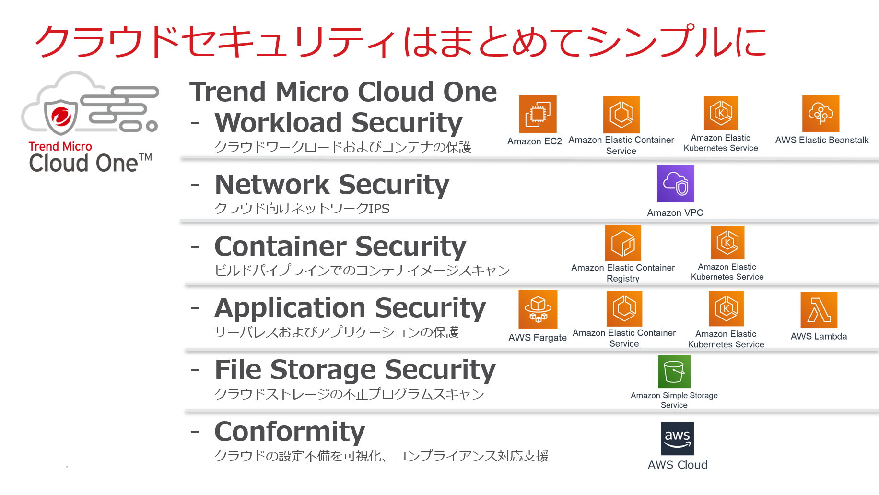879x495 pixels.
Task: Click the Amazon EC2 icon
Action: pos(538,114)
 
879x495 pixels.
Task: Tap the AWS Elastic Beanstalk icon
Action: pos(820,113)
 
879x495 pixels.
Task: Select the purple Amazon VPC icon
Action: pos(675,184)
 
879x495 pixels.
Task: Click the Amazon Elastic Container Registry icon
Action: pos(623,243)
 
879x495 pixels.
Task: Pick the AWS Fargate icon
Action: pos(538,309)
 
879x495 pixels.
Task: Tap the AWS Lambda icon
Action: pos(819,309)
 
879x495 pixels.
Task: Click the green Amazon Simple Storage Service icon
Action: pos(674,372)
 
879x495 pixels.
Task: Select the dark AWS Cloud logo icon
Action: pos(677,438)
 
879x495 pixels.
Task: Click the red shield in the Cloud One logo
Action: pos(61,117)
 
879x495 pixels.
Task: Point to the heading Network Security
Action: pos(332,185)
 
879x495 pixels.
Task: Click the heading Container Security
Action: pos(340,247)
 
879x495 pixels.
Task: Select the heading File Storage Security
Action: pos(355,370)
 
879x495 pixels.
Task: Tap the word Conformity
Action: pos(290,432)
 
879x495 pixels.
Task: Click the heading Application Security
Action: pos(350,308)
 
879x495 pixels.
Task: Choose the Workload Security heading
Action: pos(339,123)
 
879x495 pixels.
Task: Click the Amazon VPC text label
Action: pos(675,212)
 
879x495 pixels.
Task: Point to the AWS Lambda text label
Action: pos(819,336)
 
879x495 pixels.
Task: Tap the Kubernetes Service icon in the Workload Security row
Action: pos(721,113)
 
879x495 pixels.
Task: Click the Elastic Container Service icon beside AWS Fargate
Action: pos(624,308)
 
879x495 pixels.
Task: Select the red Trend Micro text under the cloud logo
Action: pos(60,146)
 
